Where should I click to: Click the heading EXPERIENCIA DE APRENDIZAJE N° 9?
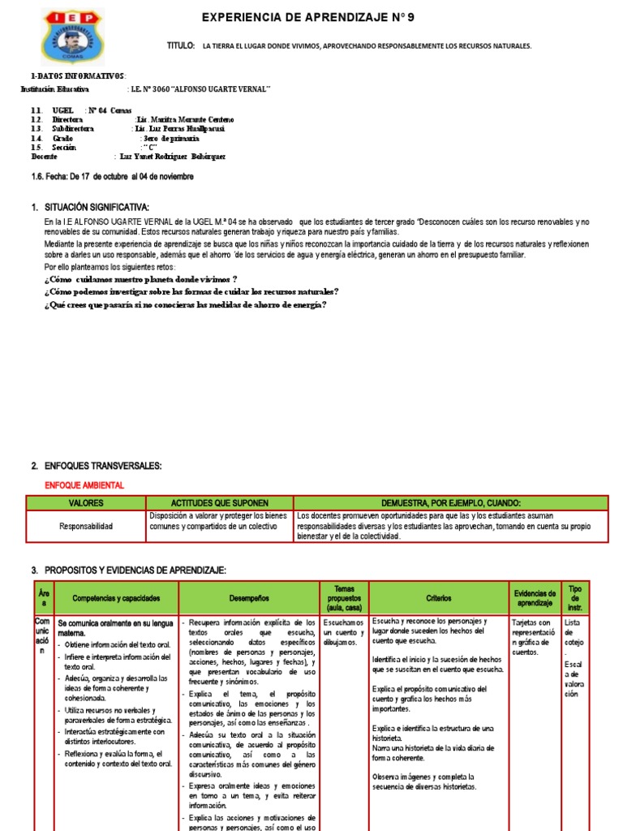[312, 17]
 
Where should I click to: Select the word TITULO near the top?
[181, 46]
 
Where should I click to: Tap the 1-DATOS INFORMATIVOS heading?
[73, 76]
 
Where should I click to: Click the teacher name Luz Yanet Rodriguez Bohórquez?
[172, 157]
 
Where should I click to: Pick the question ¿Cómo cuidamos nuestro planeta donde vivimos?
[140, 278]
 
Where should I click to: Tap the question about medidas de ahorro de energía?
[185, 304]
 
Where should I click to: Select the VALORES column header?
[86, 503]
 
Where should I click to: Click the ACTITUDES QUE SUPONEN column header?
[219, 503]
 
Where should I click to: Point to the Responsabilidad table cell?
[86, 526]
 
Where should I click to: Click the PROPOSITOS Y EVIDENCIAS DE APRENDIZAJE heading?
[135, 571]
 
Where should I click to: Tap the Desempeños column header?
[247, 598]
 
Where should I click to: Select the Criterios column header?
[438, 598]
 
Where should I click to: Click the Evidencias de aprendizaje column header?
[535, 598]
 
